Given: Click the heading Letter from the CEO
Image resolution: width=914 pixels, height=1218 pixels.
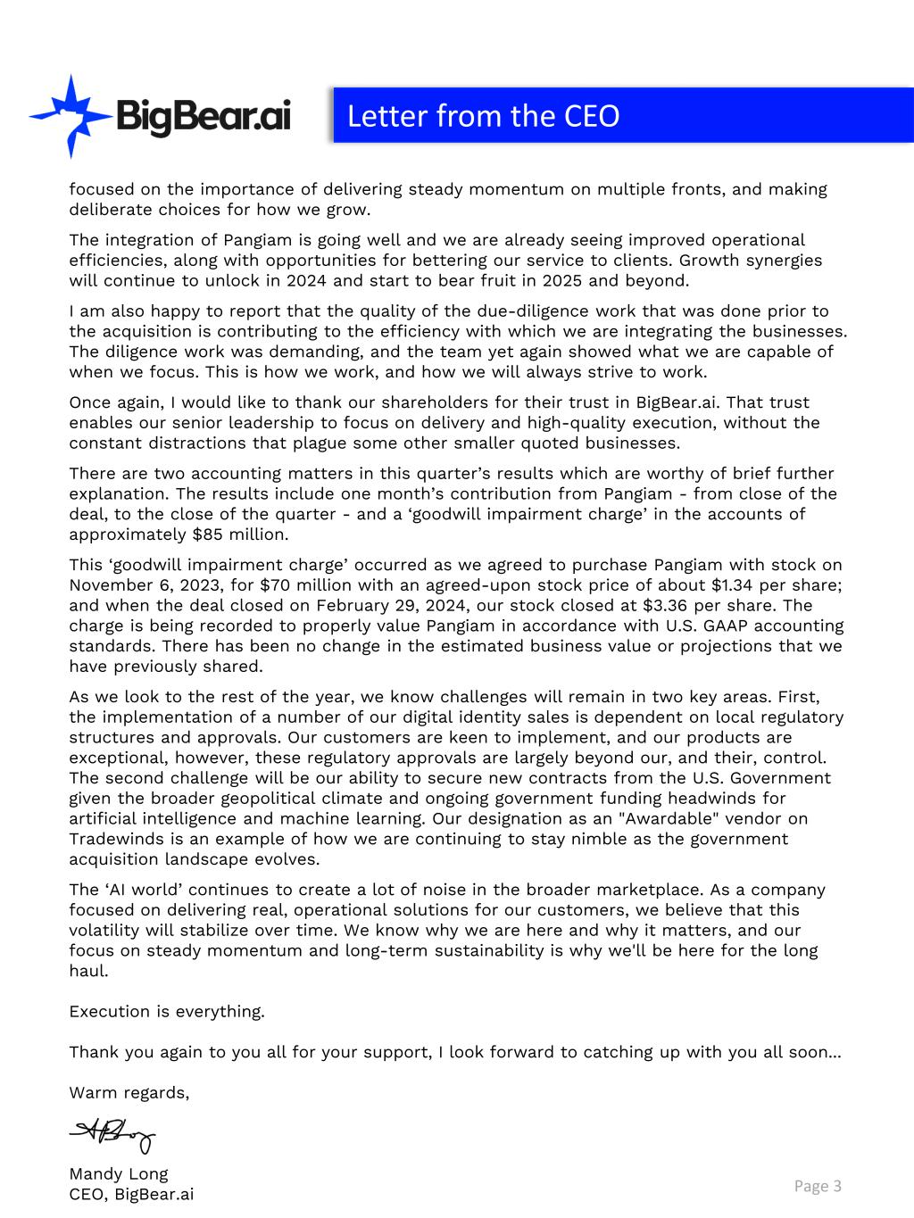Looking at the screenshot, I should point(483,116).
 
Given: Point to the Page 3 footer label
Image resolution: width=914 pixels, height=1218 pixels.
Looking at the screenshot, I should point(818,1185).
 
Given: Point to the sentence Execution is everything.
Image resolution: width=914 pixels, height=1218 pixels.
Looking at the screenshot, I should point(167,1011).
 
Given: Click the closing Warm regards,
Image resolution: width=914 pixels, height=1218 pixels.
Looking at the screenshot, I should point(129,1092).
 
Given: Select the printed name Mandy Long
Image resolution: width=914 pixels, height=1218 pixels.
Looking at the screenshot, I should point(119,1173).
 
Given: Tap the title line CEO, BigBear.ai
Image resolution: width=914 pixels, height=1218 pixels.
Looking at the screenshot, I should point(131,1194).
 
